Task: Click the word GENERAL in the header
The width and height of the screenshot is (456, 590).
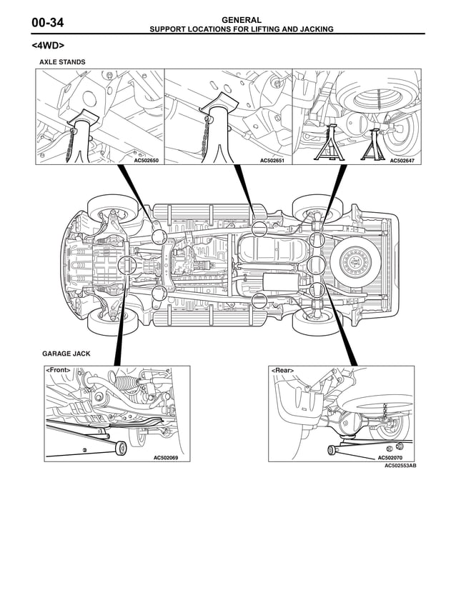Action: pos(241,20)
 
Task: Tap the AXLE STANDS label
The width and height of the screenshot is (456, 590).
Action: pos(62,63)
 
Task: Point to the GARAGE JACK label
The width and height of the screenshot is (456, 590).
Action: pos(66,354)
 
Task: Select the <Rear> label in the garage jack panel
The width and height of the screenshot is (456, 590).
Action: pos(282,371)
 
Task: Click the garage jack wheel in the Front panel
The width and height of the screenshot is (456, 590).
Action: pos(121,448)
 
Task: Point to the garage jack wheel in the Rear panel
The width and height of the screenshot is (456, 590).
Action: pos(332,449)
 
